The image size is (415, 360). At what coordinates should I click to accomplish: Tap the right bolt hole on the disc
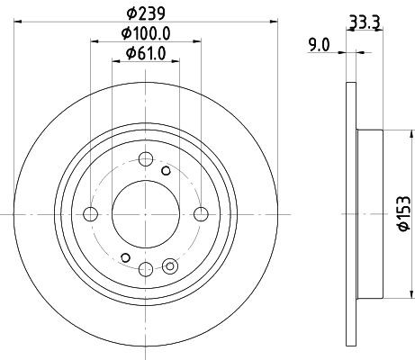(x=201, y=213)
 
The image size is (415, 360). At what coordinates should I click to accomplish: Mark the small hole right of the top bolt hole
(x=166, y=170)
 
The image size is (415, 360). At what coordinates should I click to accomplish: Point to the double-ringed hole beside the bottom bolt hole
(x=170, y=265)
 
